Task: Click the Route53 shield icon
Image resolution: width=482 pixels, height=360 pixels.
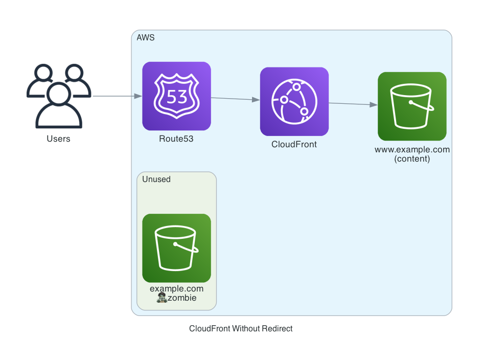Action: coord(176,96)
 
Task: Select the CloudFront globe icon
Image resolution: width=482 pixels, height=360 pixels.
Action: coord(294,101)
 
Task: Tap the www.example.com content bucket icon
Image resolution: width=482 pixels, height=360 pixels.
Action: coord(412,106)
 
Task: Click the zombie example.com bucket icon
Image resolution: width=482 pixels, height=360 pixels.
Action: coord(176,248)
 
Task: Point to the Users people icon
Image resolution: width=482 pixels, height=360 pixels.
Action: coord(58,96)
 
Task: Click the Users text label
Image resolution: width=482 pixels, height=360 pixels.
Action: coord(58,139)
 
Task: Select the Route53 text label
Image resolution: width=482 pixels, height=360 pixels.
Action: coord(176,139)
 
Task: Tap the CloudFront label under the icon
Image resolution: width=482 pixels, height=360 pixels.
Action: coord(294,144)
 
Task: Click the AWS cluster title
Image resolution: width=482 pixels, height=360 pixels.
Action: coord(146,38)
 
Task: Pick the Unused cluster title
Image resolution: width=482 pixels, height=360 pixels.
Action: coord(156,179)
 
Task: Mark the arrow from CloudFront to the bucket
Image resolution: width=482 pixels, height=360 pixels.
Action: coord(353,104)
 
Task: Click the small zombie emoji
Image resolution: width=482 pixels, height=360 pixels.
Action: coord(162,298)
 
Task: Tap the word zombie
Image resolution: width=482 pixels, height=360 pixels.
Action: coord(182,298)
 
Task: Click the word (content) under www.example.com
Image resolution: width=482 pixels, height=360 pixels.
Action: coord(412,159)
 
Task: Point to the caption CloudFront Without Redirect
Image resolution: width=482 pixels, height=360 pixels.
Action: coord(241,329)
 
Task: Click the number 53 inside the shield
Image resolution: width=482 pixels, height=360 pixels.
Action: coord(176,96)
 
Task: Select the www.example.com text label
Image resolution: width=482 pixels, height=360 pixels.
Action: coord(412,150)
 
